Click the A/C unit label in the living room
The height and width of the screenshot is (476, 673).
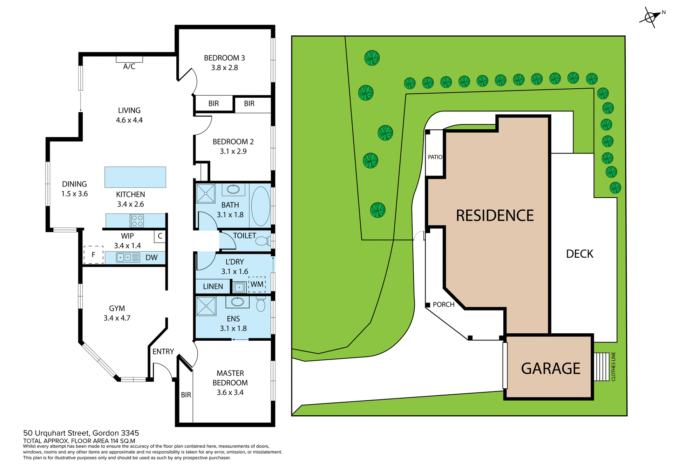click(129, 66)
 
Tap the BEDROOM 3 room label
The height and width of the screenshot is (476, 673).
click(224, 58)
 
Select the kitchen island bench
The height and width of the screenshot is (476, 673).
click(135, 177)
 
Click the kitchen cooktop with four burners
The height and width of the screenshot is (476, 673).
click(137, 221)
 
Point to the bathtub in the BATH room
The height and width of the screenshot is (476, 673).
click(261, 206)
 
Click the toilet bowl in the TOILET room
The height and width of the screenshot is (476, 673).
click(261, 241)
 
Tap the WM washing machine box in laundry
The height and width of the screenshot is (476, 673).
click(257, 284)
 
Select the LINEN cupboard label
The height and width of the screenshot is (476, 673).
click(213, 286)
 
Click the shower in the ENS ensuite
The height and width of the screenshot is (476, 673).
click(206, 306)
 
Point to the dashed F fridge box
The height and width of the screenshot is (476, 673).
click(93, 255)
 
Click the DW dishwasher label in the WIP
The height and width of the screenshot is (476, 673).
click(151, 258)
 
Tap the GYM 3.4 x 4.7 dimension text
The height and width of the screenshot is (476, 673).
click(117, 318)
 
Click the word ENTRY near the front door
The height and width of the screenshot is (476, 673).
click(163, 351)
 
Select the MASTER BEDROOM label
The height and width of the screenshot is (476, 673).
click(230, 378)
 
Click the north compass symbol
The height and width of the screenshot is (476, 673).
click(650, 17)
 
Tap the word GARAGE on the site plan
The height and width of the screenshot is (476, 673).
click(550, 368)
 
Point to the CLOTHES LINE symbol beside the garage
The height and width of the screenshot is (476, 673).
click(601, 367)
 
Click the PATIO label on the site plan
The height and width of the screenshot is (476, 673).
click(435, 157)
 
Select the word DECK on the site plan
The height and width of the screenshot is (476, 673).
click(579, 254)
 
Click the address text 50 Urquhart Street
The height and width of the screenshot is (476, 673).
click(81, 433)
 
